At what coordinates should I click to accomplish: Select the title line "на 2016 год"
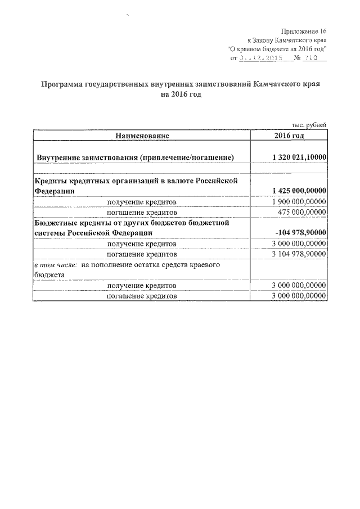180,94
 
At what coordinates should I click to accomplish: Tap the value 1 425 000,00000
298,191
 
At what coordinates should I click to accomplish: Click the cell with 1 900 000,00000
298,202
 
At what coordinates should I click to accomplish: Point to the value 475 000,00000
302,212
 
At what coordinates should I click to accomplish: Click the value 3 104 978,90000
298,254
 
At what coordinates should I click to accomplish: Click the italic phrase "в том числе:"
54,264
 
